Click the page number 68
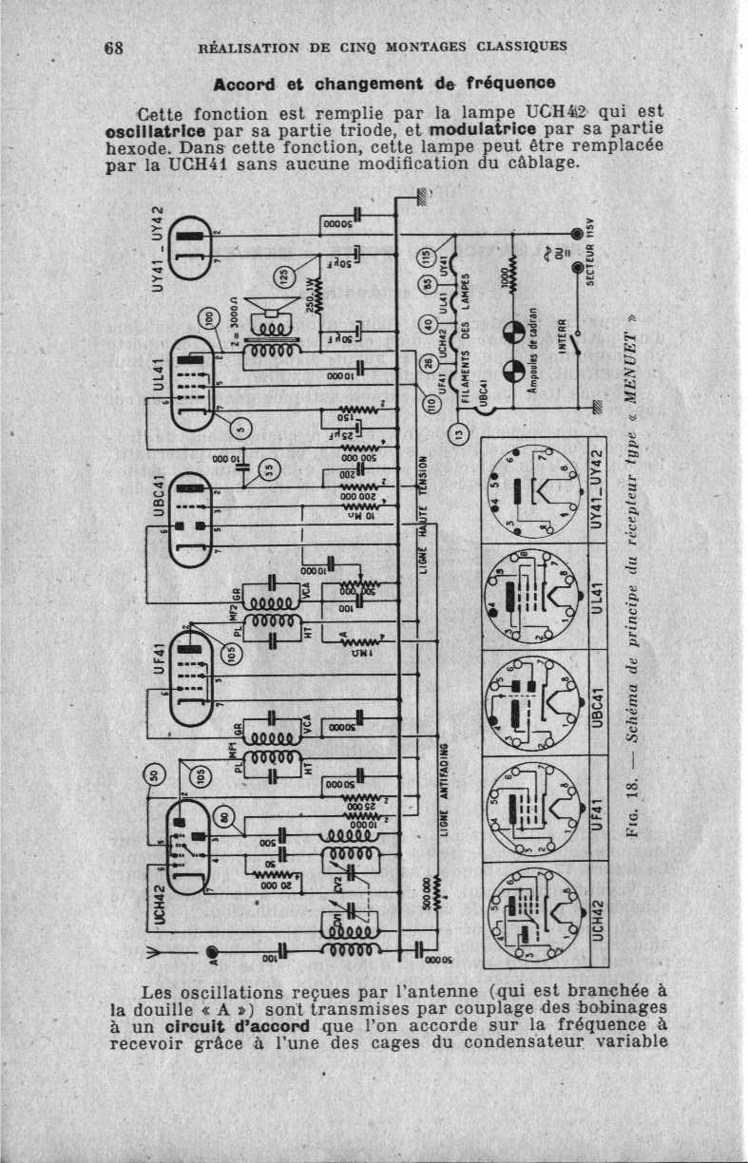point(115,48)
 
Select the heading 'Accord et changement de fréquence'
point(384,82)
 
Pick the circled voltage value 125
point(282,276)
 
